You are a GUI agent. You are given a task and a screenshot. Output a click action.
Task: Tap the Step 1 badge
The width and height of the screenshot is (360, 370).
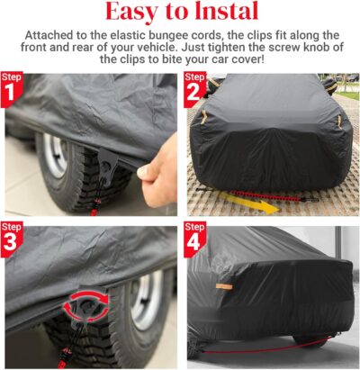pos(12,86)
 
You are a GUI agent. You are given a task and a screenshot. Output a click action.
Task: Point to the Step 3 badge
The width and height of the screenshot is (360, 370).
pos(12,237)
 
